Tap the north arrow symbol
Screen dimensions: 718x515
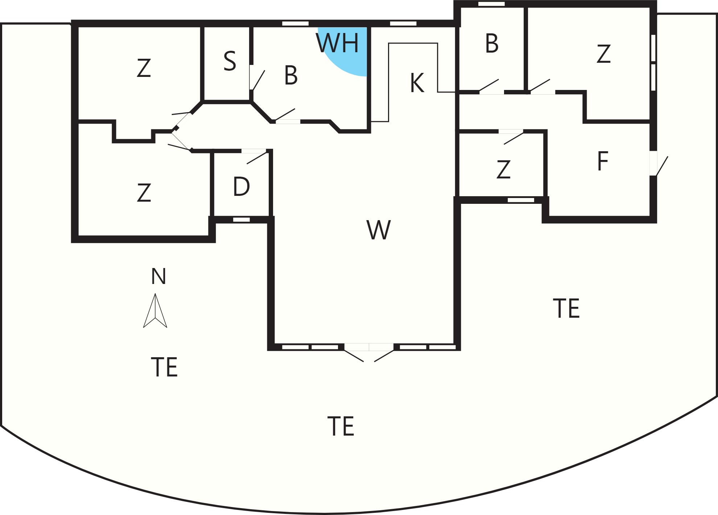[155, 310]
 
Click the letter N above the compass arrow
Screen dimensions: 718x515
[158, 276]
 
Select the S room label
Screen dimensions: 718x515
[230, 61]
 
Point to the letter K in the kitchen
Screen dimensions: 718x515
[417, 83]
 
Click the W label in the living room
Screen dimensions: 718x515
[379, 230]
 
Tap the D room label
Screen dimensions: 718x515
[241, 187]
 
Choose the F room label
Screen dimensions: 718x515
[602, 161]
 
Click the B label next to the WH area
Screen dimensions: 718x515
[291, 75]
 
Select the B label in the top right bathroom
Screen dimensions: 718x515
[492, 44]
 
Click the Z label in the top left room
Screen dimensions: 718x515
[144, 68]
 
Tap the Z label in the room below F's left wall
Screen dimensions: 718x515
[503, 170]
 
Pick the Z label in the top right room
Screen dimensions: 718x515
[603, 54]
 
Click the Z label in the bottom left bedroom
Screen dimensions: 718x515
[144, 193]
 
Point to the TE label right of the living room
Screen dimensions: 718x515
[566, 309]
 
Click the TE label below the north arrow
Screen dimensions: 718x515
[164, 367]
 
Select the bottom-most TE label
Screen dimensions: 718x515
[341, 426]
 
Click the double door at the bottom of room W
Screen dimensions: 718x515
[369, 352]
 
